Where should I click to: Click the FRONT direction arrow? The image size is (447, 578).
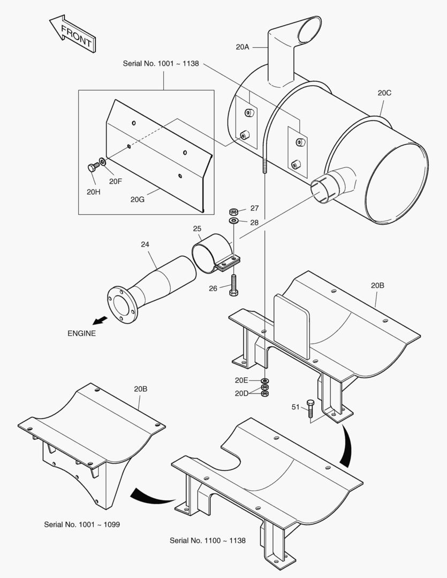[73, 34]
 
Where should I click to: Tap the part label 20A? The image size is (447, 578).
[243, 47]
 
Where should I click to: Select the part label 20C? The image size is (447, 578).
[384, 93]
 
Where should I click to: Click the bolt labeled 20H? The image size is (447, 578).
[92, 168]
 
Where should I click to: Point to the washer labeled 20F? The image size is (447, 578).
[102, 161]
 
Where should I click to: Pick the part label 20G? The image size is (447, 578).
[138, 200]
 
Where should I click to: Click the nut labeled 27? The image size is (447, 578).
[234, 210]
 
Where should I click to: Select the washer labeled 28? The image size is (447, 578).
[234, 220]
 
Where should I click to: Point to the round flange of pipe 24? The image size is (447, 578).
[121, 305]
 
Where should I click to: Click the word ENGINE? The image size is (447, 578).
[81, 333]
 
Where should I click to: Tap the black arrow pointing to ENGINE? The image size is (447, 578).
[99, 321]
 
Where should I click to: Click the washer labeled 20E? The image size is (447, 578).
[264, 381]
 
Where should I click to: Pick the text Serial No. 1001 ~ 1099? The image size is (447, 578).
[82, 524]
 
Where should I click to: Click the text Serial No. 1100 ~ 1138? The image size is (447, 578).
[208, 541]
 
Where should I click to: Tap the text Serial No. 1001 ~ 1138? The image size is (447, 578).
[161, 63]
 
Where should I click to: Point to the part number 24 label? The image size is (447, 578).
[145, 244]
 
